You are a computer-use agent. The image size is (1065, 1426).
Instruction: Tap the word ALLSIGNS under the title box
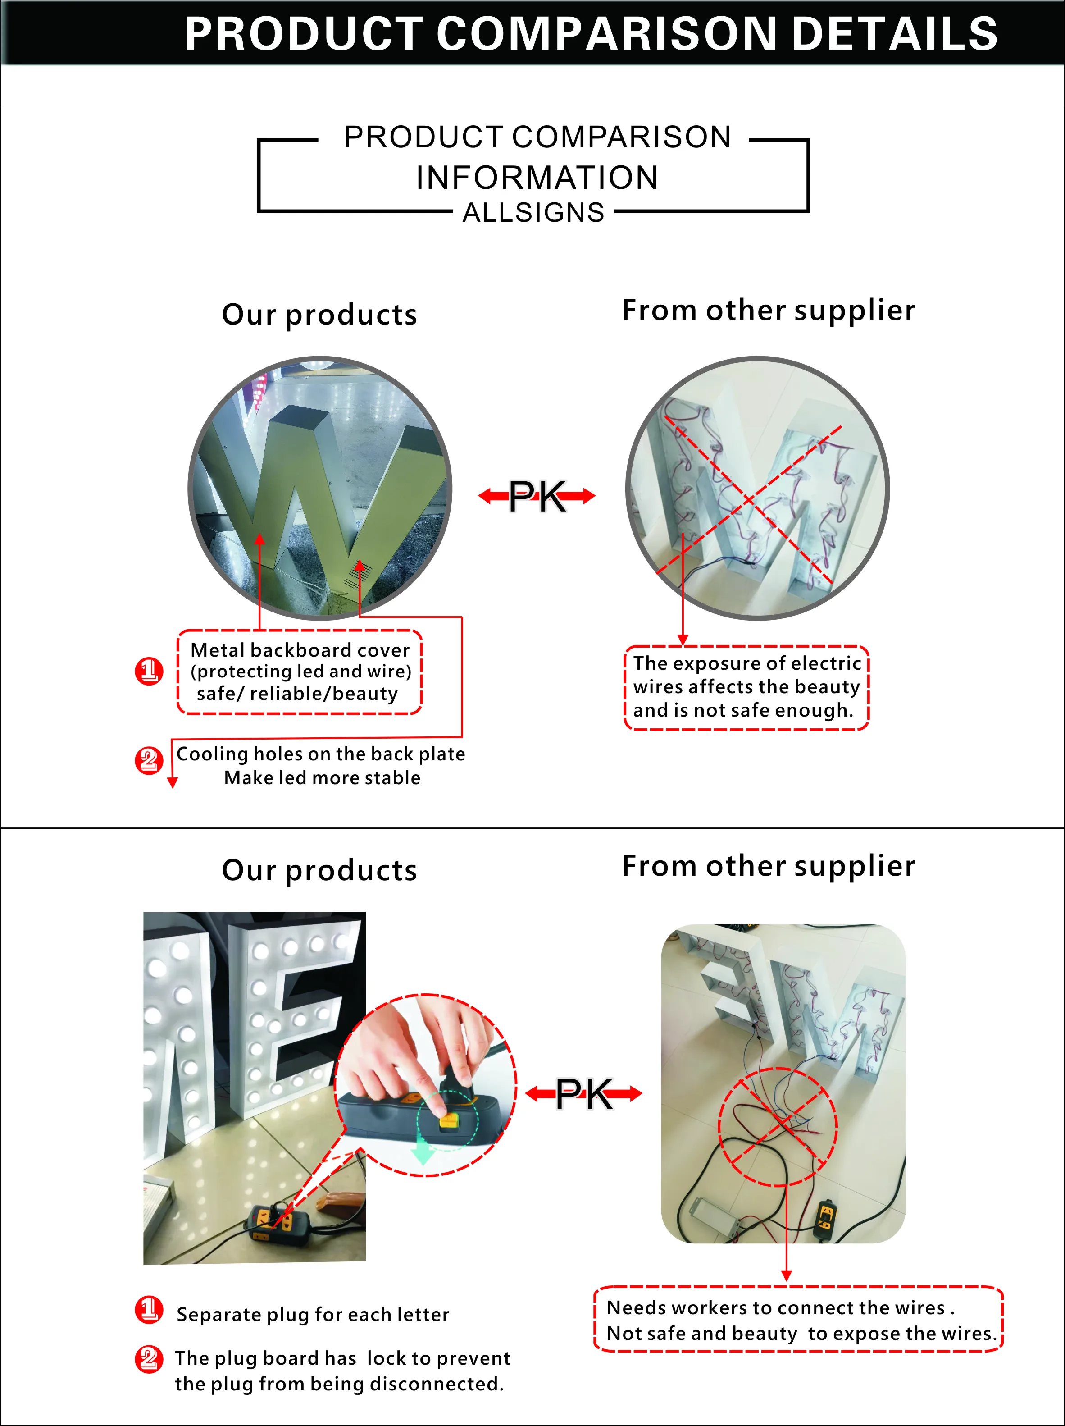pos(533,213)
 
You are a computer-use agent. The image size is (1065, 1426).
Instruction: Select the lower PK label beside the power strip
pos(584,1094)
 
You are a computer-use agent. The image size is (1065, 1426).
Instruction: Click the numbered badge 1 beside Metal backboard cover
pos(149,671)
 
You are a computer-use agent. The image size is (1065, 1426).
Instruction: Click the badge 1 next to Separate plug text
pos(149,1309)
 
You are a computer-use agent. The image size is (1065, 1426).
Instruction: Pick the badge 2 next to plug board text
pos(149,1358)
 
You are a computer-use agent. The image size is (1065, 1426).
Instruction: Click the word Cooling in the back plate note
pos(212,754)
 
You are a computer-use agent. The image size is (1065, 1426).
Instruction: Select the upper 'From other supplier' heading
pos(768,310)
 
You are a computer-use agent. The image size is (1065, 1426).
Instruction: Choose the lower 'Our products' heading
pos(319,870)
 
